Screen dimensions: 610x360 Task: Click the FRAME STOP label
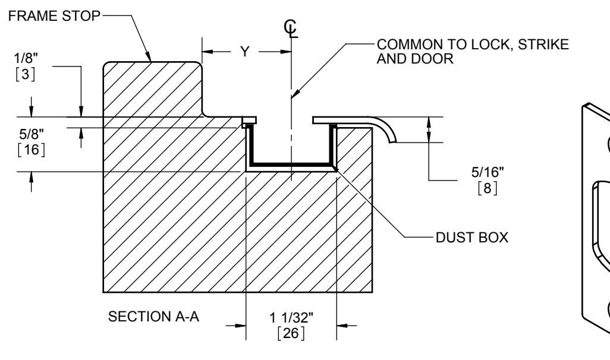[x=54, y=16]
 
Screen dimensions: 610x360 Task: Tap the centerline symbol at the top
[x=291, y=29]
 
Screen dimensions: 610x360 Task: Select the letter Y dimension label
[x=245, y=51]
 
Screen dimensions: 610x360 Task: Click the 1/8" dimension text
[x=26, y=58]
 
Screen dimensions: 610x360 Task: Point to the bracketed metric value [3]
[x=26, y=74]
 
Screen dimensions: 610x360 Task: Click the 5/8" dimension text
[x=32, y=134]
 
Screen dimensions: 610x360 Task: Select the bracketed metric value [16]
[x=32, y=149]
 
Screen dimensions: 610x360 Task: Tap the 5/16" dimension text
[x=488, y=172]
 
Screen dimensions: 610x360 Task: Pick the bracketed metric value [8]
[x=488, y=188]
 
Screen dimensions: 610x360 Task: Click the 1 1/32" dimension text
[x=291, y=318]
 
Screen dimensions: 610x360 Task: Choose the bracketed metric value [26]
[x=291, y=333]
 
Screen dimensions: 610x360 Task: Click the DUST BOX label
[x=472, y=238]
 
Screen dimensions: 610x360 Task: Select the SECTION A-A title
[x=153, y=317]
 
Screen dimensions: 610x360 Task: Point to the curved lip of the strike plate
[x=386, y=128]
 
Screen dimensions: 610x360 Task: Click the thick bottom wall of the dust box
[x=291, y=164]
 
